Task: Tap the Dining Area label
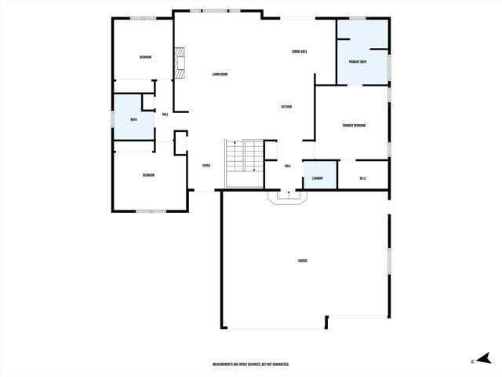[x=299, y=52]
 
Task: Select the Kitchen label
[x=287, y=107]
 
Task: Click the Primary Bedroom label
[x=354, y=126]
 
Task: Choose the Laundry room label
[x=317, y=178]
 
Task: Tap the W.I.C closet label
[x=363, y=178]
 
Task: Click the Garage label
[x=302, y=260]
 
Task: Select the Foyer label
[x=206, y=166]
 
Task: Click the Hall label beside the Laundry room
[x=288, y=166]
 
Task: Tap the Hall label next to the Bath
[x=165, y=115]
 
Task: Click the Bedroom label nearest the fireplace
[x=145, y=57]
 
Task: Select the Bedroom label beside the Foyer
[x=147, y=175]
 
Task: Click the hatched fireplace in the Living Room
[x=181, y=62]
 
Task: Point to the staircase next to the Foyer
[x=244, y=163]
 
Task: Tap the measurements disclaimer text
[x=251, y=364]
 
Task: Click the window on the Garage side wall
[x=389, y=261]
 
